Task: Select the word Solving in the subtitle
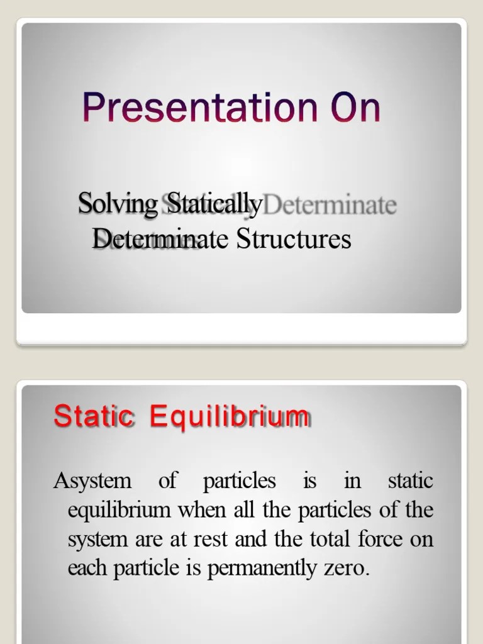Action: coord(118,205)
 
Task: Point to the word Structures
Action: coord(294,239)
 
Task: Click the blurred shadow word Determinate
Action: coord(332,206)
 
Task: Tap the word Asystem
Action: coord(92,482)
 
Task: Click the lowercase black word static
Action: coord(411,482)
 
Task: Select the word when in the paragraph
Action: coord(199,511)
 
